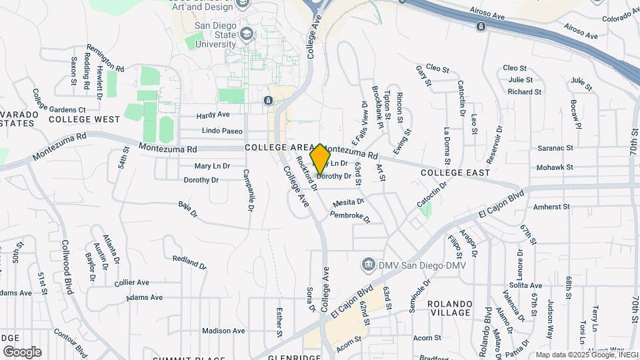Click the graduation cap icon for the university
[x=247, y=33]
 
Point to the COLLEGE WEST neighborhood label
[x=84, y=120]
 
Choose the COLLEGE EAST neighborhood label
[x=451, y=173]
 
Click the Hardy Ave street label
[x=213, y=115]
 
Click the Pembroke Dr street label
[x=350, y=217]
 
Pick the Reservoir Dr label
[x=494, y=145]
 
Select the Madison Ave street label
[x=223, y=331]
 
